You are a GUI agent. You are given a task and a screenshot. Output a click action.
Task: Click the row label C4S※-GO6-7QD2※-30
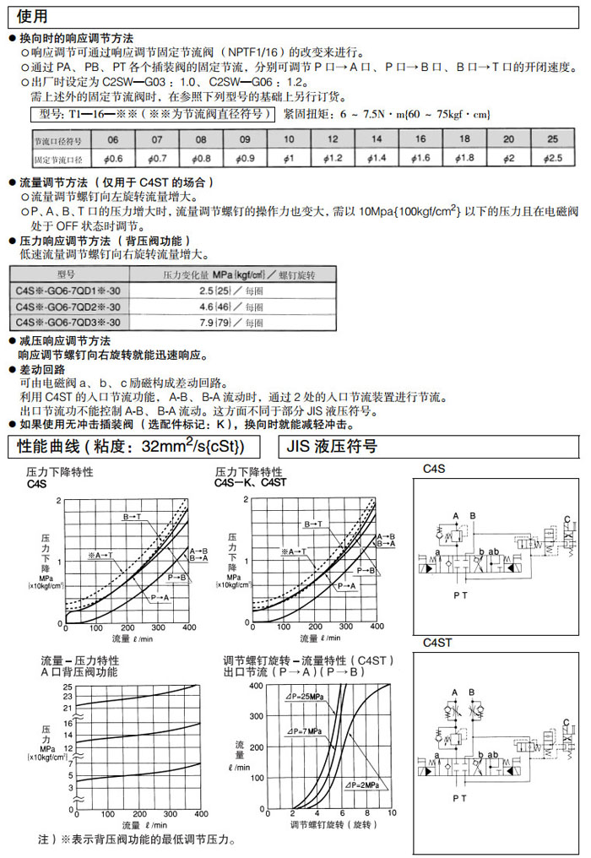pos(62,307)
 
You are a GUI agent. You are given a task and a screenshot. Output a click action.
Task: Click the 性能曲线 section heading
pos(131,446)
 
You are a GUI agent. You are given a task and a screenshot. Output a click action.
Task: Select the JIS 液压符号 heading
pos(333,446)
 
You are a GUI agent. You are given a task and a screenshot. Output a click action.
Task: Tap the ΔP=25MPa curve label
pos(304,697)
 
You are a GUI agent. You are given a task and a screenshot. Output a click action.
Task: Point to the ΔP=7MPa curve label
pos(304,730)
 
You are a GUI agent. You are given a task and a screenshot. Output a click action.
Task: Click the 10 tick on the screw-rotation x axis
pos(391,812)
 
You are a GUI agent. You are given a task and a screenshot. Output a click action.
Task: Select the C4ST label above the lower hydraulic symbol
pos(437,642)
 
